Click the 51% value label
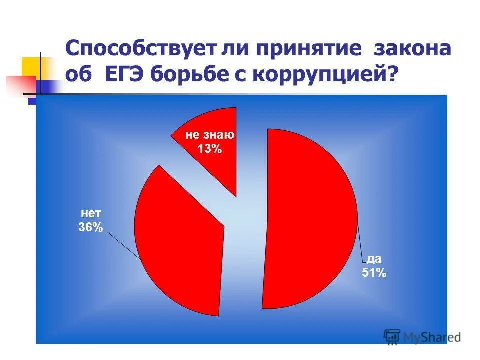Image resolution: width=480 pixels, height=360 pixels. [374, 273]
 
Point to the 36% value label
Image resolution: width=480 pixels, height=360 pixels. [90, 228]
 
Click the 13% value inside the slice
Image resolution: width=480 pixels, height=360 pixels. [210, 148]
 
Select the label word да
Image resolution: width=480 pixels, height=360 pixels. [374, 259]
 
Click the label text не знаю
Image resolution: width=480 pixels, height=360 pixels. [210, 135]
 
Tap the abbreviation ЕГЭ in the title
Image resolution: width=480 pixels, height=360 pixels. [127, 76]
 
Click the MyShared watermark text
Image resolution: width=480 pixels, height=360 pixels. [433, 337]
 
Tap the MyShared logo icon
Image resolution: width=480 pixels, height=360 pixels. [392, 336]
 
